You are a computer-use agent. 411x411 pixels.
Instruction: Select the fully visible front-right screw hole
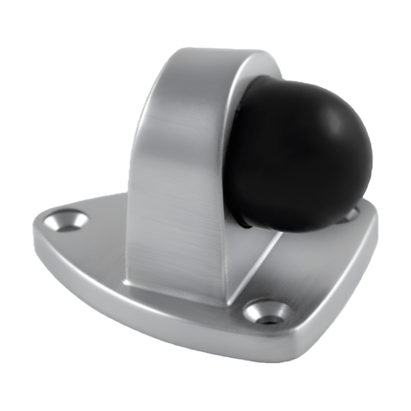pos(265,310)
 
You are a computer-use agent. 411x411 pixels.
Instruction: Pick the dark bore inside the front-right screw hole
pos(266,313)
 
